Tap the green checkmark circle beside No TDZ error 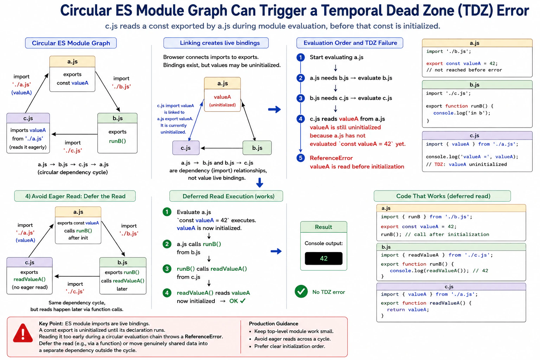[301, 291]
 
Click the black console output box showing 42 [323, 258]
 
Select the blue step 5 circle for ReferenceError [300, 158]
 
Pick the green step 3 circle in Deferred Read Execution [167, 269]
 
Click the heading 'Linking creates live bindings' [220, 43]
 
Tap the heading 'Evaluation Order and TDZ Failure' [350, 43]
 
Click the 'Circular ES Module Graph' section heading [71, 43]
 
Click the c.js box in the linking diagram [186, 148]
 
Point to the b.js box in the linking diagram [257, 148]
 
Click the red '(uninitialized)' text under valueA [222, 105]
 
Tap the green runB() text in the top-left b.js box [117, 141]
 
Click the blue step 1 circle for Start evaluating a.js [300, 57]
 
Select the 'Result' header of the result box [323, 227]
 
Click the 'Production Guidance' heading [274, 323]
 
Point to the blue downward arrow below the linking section [260, 182]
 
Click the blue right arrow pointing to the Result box [276, 251]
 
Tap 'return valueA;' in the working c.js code [408, 310]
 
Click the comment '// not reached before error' [464, 70]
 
